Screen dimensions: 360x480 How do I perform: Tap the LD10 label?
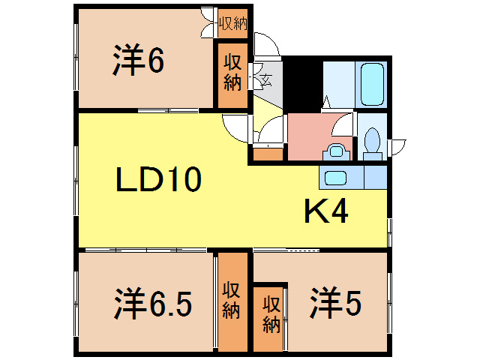pos(158,179)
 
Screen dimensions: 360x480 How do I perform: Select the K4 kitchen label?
pos(325,213)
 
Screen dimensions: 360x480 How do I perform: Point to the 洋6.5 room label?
pos(153,304)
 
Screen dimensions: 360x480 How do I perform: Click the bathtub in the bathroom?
pos(373,85)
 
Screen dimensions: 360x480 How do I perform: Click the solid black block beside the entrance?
pos(303,84)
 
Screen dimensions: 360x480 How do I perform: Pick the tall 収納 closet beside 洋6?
pos(231,78)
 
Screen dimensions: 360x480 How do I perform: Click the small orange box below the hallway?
pos(268,155)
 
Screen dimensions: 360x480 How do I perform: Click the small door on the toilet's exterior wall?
pos(397,142)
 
